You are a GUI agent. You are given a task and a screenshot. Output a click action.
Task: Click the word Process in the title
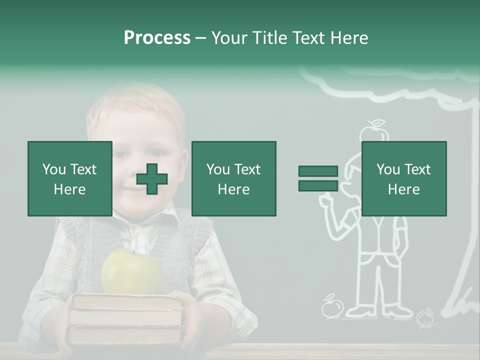(157, 38)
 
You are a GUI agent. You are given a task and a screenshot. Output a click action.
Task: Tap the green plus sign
(152, 179)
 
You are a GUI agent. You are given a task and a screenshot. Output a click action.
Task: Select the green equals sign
(318, 178)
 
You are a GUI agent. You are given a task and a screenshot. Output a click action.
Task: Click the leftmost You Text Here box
(70, 178)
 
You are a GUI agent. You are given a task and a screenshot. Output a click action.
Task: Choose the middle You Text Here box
(234, 178)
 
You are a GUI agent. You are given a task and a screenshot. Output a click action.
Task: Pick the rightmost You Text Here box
(404, 178)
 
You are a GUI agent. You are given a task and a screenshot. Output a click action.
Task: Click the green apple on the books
(132, 272)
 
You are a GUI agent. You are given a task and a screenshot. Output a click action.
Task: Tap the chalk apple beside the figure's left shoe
(330, 307)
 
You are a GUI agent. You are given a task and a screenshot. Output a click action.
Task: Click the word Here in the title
(349, 38)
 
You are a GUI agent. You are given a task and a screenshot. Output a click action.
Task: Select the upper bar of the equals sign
(318, 171)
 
